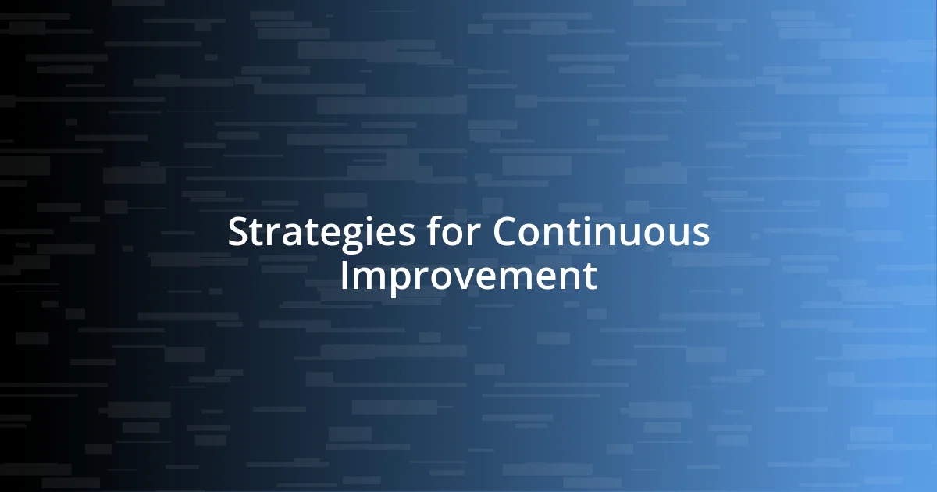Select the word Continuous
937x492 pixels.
pyautogui.click(x=601, y=233)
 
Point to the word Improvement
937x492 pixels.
pyautogui.click(x=468, y=276)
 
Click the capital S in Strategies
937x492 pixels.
pyautogui.click(x=237, y=233)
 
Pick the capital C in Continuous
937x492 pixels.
pyautogui.click(x=507, y=233)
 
